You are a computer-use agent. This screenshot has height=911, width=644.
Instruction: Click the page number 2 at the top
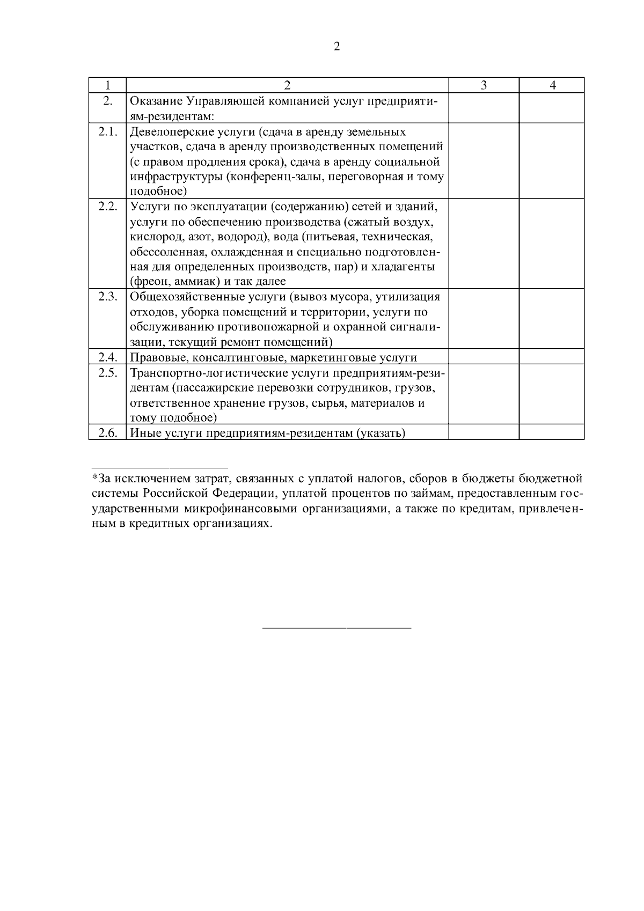(x=336, y=47)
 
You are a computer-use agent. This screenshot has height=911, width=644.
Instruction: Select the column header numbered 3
(x=484, y=85)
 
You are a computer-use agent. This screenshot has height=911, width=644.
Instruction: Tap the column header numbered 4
(x=552, y=85)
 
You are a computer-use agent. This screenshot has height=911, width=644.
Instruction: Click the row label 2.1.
(x=107, y=132)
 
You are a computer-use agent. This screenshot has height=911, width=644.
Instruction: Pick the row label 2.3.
(x=107, y=297)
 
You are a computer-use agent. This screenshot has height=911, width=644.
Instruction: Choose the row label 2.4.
(x=107, y=357)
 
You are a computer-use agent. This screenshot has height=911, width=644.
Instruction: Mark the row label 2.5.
(x=107, y=372)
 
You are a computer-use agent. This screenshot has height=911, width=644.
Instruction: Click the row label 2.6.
(x=107, y=432)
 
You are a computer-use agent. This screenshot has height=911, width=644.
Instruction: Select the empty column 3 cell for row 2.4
(x=484, y=357)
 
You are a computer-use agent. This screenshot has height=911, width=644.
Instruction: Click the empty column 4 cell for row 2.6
(x=552, y=432)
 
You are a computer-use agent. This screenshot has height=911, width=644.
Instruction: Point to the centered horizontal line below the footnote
(x=336, y=627)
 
